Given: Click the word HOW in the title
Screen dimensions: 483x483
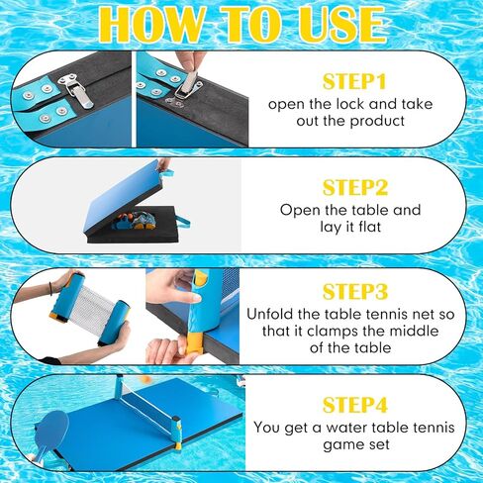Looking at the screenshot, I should pyautogui.click(x=145, y=25).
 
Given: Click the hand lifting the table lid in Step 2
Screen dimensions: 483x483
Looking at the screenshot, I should pyautogui.click(x=161, y=164).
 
